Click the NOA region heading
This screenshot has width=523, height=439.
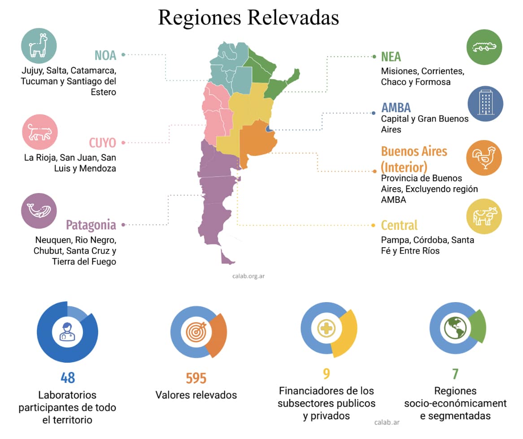pyautogui.click(x=105, y=55)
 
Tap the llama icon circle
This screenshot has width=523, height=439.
pyautogui.click(x=39, y=45)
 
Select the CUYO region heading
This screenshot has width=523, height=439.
pyautogui.click(x=102, y=143)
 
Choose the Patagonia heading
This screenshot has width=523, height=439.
pyautogui.click(x=91, y=224)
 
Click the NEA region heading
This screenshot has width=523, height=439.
pyautogui.click(x=391, y=57)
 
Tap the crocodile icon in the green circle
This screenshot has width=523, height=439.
pyautogui.click(x=484, y=47)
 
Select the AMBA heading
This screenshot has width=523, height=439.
pyautogui.click(x=396, y=108)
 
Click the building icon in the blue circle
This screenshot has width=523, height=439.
pyautogui.click(x=485, y=104)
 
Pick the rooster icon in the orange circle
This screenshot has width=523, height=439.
pyautogui.click(x=484, y=158)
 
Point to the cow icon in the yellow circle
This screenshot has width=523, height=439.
pyautogui.click(x=484, y=216)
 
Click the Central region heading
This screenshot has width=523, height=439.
pyautogui.click(x=399, y=225)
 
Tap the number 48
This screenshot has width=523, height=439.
pyautogui.click(x=67, y=378)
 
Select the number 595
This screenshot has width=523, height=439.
pyautogui.click(x=196, y=378)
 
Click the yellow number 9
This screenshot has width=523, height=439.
pyautogui.click(x=327, y=373)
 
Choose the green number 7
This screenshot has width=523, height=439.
pyautogui.click(x=455, y=373)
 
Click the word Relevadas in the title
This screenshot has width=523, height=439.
pyautogui.click(x=294, y=18)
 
